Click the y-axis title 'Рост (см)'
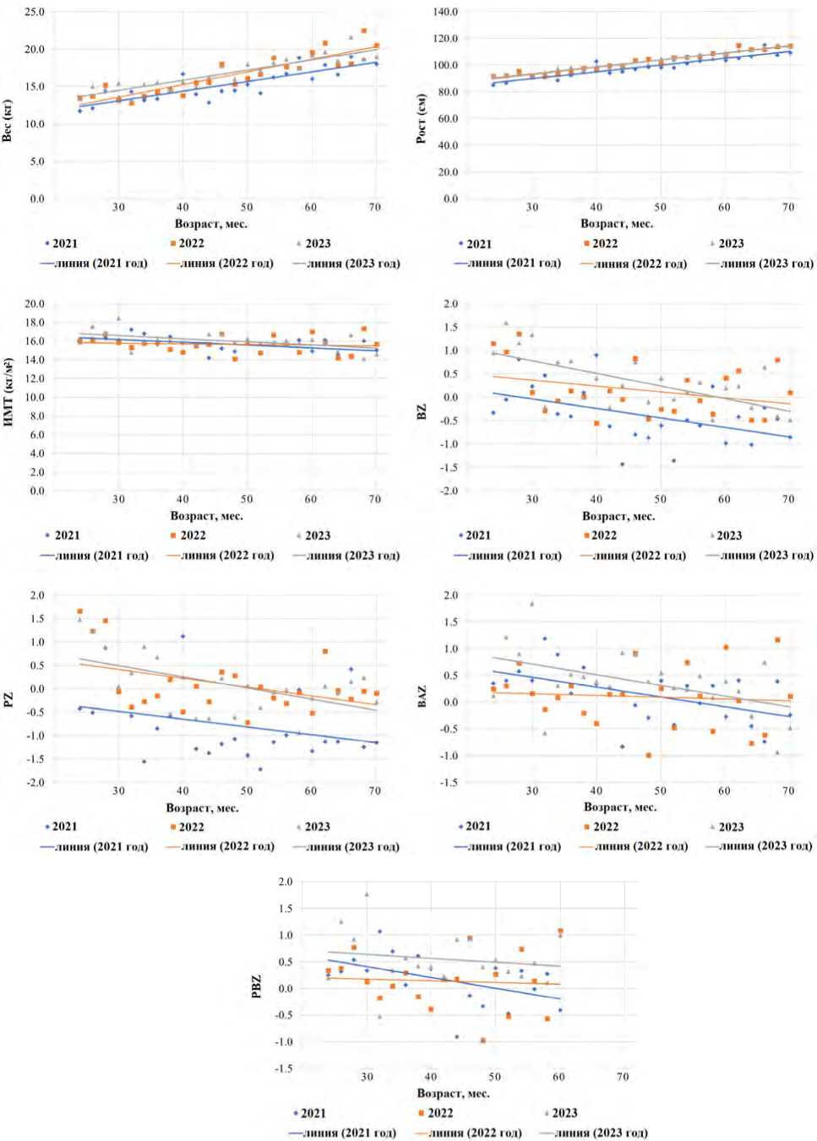point(421,118)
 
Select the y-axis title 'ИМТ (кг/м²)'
point(8,392)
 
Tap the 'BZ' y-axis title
point(422,411)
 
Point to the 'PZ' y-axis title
point(8,700)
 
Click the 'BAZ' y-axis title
point(422,697)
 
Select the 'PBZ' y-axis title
point(257,986)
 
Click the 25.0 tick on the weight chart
point(35,13)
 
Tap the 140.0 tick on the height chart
point(445,12)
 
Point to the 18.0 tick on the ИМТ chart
point(35,323)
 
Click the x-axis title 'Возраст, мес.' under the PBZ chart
point(453,1093)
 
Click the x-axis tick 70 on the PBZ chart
point(623,1077)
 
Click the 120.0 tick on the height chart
point(445,39)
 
